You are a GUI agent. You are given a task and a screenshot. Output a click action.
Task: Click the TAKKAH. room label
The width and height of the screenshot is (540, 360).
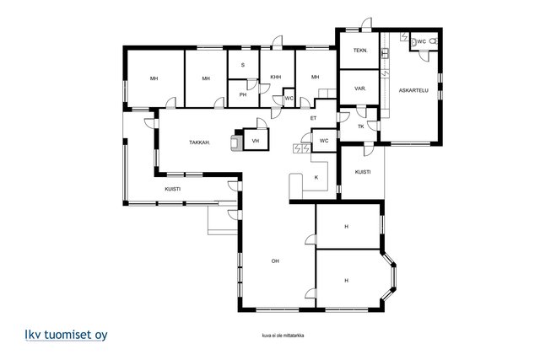[200, 142]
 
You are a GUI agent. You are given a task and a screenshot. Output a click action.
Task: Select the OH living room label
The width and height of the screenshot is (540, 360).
[275, 261]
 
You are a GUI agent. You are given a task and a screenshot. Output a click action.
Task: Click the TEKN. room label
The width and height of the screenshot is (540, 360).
[360, 51]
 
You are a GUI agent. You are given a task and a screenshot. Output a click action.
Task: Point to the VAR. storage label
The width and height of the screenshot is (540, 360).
[360, 89]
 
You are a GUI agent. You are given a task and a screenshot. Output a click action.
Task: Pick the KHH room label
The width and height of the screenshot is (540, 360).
[276, 77]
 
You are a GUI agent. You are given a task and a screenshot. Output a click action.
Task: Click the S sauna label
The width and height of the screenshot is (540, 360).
[243, 65]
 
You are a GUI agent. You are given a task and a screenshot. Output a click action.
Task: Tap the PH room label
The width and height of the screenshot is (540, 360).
[243, 94]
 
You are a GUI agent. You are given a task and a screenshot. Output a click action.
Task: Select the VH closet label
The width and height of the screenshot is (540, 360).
[256, 141]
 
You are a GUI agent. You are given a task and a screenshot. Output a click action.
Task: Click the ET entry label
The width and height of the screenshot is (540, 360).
[313, 118]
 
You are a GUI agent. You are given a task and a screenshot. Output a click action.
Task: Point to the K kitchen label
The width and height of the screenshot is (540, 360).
[316, 178]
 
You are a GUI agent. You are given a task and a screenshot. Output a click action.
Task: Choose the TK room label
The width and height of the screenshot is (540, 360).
[361, 126]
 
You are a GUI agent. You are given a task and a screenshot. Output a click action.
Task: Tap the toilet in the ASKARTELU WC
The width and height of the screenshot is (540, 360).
[434, 41]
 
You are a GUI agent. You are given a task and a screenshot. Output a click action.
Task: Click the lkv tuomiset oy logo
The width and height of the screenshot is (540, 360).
[66, 335]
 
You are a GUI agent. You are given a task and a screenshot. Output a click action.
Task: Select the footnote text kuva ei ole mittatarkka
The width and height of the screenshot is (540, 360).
[283, 336]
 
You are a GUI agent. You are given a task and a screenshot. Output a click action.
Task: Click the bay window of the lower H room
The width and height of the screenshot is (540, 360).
[390, 277]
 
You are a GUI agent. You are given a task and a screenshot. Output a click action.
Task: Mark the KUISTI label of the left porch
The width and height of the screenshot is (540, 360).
[172, 190]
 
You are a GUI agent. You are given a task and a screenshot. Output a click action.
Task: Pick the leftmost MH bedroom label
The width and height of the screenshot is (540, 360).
[154, 78]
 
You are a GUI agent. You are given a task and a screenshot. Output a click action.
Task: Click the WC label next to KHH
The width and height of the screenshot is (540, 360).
[289, 99]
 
